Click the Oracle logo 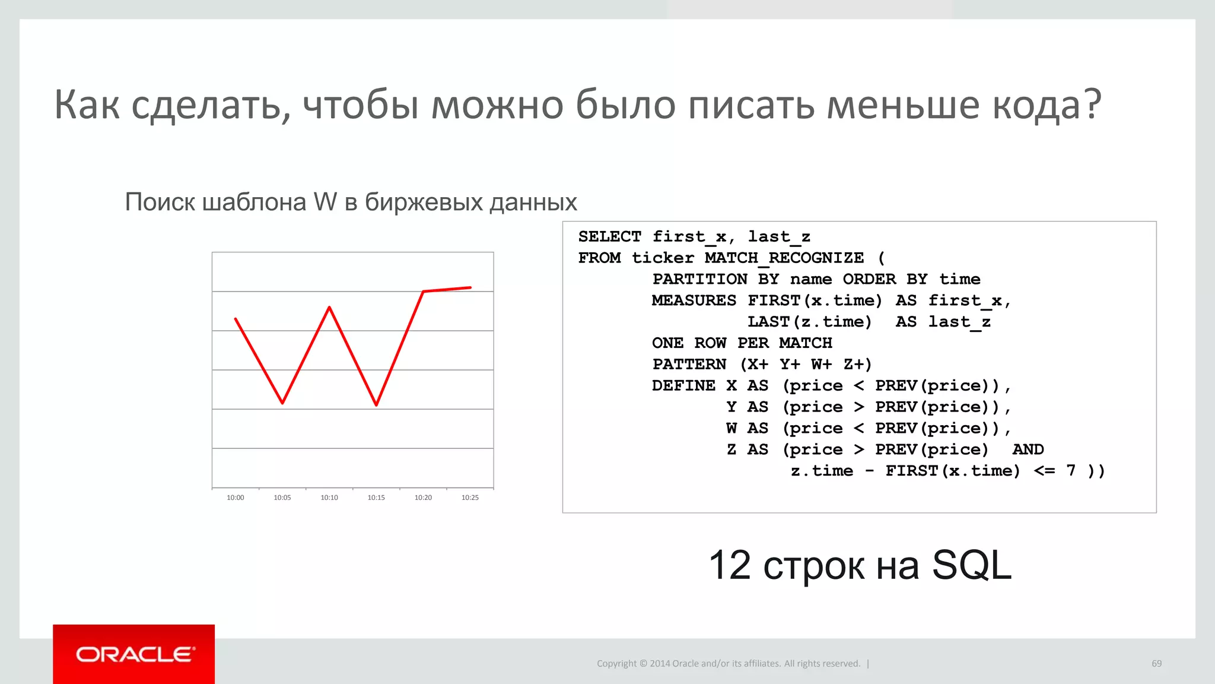tap(134, 654)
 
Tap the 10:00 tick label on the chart tap(236, 498)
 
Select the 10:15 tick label tap(376, 498)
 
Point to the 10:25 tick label tap(470, 498)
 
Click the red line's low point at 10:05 tap(282, 403)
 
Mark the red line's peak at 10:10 tap(329, 307)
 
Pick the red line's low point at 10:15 tap(377, 405)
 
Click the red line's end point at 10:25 tap(470, 287)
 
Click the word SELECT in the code tap(609, 236)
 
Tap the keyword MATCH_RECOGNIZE tap(784, 258)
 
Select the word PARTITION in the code tap(699, 279)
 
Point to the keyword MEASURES tap(694, 300)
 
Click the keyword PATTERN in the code tap(689, 364)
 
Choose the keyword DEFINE tap(683, 385)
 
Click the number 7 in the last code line tap(1070, 471)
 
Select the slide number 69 tap(1156, 663)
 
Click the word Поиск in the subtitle tap(160, 202)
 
